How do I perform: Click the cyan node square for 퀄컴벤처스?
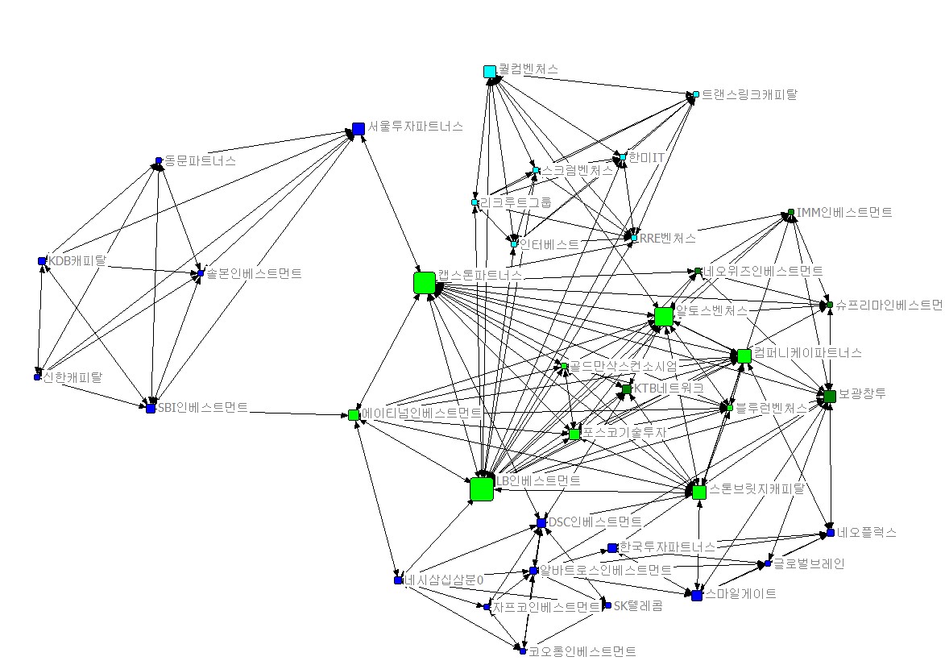tap(490, 72)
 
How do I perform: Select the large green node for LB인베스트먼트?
tap(481, 489)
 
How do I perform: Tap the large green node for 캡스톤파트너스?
tap(424, 283)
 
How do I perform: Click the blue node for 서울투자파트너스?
tap(359, 128)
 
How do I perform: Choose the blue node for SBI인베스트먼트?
tap(150, 409)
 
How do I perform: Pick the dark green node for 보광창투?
tap(830, 396)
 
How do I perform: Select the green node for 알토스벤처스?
tap(664, 317)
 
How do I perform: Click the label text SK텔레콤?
tap(638, 605)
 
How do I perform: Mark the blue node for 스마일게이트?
tap(697, 595)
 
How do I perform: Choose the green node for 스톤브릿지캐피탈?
tap(698, 492)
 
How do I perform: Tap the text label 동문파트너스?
tap(200, 160)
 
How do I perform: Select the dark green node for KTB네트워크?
tap(625, 390)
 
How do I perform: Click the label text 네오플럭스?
tap(866, 533)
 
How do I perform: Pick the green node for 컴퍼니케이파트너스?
tap(744, 355)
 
